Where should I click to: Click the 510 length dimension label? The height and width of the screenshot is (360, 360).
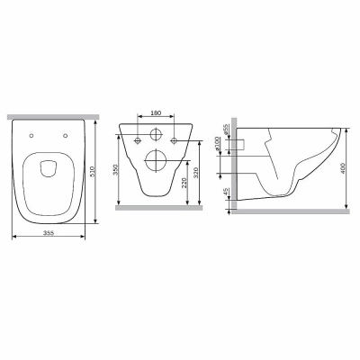point(93,172)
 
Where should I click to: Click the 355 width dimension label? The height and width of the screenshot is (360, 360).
point(49,233)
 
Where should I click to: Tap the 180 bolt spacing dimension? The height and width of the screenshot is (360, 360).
point(156,112)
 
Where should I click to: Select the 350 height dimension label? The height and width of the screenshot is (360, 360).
point(117,170)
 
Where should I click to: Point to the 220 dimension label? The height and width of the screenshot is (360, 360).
point(184,183)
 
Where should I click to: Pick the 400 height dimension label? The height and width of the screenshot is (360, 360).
point(344,168)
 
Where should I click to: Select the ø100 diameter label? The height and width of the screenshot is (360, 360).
point(218,143)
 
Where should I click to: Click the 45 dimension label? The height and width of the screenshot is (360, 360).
point(226,192)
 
